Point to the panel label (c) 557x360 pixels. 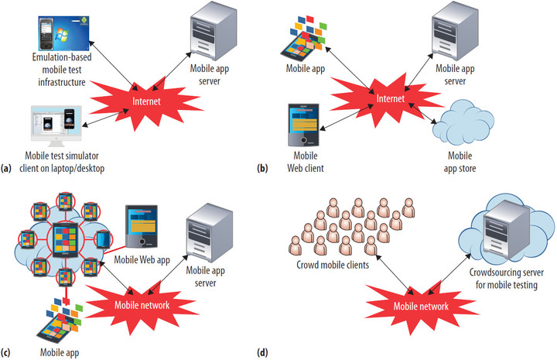(7, 354)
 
